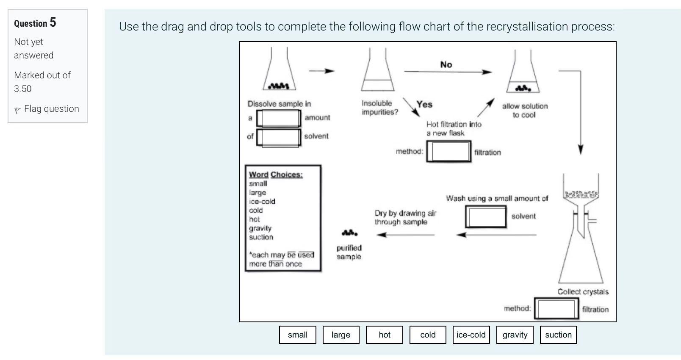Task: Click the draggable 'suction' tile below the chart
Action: coord(558,335)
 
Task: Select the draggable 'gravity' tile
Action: coord(515,335)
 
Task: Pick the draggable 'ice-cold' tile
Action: coord(471,335)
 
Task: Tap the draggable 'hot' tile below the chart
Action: coord(384,335)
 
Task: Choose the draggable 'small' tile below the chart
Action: coord(297,335)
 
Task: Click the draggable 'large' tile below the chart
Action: coord(340,335)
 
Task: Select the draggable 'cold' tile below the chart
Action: coord(428,335)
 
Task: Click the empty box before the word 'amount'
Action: coord(279,118)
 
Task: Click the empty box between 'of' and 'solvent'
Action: coord(279,137)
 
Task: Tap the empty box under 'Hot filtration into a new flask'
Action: coord(448,152)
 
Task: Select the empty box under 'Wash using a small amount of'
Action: coord(486,217)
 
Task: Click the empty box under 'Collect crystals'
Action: coord(556,309)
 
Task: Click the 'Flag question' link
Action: coord(51,109)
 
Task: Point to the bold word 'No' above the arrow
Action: coord(446,65)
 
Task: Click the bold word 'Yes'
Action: coord(424,104)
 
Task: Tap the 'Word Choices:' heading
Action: coord(276,174)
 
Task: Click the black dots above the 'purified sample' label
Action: coord(349,233)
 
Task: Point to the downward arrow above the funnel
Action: coord(580,148)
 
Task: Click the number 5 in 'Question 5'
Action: coord(53,22)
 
